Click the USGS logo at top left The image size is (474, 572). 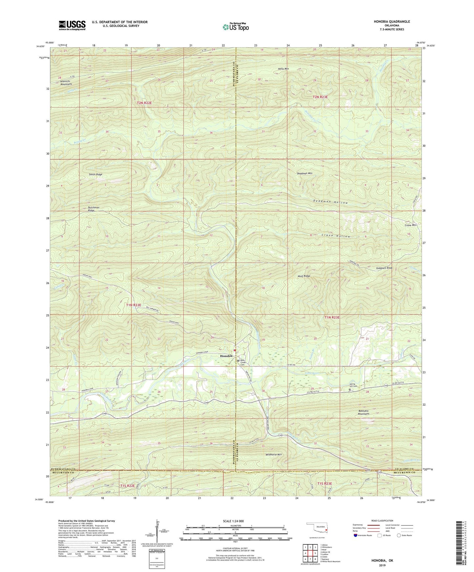[72, 25]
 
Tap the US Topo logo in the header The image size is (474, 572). [236, 27]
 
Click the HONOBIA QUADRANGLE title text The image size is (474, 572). [392, 22]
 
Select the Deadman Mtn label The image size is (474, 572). [305, 173]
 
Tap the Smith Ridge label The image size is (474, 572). [95, 174]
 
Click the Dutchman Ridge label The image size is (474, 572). [93, 209]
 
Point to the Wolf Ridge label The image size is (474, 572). [304, 276]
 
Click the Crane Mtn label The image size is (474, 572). [410, 225]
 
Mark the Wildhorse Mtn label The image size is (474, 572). [274, 454]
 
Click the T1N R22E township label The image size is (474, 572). [134, 305]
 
